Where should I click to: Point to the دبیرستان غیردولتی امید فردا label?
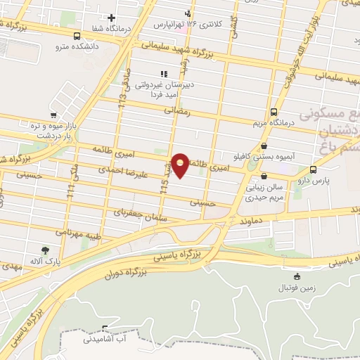pos(163,85)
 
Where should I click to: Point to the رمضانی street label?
pos(179,110)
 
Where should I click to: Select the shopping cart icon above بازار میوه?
pos(53,115)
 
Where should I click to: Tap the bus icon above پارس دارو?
pos(313,169)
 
